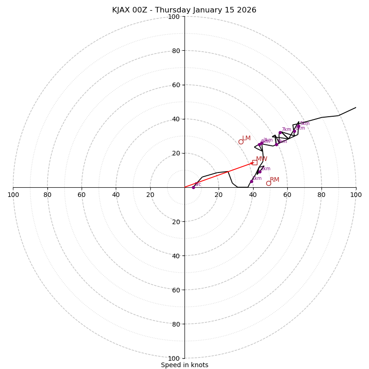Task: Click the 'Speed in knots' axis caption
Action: pos(184,365)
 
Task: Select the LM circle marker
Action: pos(241,142)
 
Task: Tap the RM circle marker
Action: pos(268,183)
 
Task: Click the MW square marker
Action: pos(255,162)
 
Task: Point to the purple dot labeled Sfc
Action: pos(193,187)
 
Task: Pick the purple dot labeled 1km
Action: pos(251,181)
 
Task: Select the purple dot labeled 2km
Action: pos(260,172)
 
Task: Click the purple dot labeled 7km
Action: pos(280,132)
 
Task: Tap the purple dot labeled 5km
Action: pos(298,126)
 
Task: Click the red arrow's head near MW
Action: pos(252,163)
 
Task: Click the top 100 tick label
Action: pos(174,17)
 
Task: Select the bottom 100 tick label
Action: pos(174,358)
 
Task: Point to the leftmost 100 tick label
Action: pos(13,195)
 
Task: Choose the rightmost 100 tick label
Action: pos(356,195)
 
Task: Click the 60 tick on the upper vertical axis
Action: pos(176,85)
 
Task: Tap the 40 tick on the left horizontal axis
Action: pos(116,195)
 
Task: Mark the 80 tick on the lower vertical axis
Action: pos(176,324)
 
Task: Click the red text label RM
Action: pos(274,180)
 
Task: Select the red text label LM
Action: pos(246,138)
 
